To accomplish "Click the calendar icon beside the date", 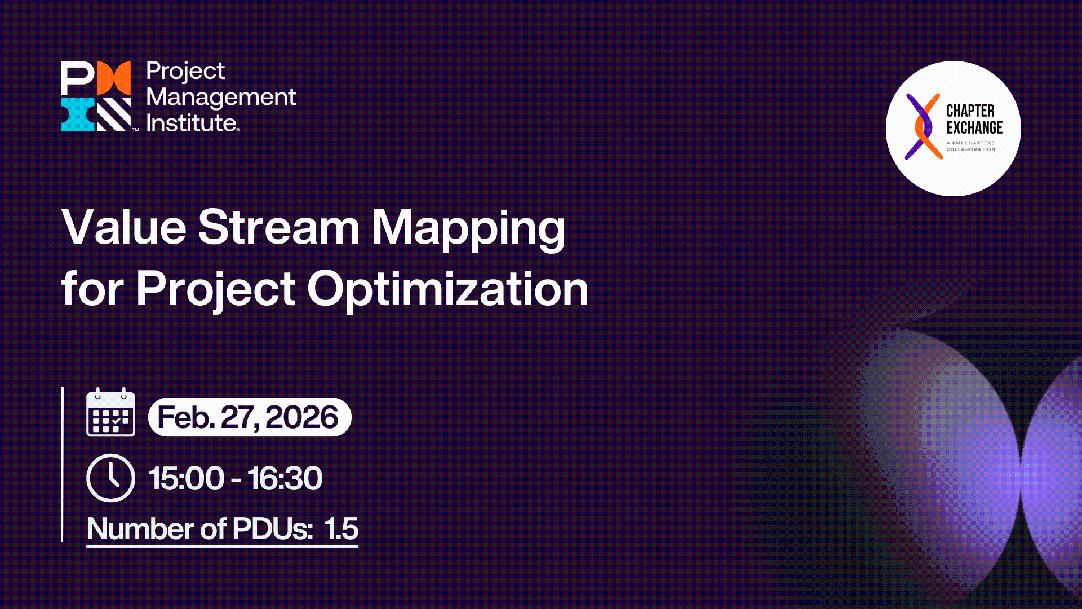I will click(x=110, y=413).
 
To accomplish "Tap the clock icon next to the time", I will click(x=110, y=478).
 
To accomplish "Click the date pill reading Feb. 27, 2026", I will click(x=249, y=417).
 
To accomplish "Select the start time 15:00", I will click(x=186, y=479).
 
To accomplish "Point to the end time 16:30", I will click(x=285, y=479).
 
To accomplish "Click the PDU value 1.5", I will click(x=341, y=529).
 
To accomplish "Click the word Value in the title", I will click(x=123, y=227).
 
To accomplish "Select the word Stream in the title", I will click(x=278, y=227).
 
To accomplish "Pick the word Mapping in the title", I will click(x=468, y=228).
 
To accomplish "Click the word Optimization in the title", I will click(x=447, y=289).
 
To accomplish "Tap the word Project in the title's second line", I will click(x=215, y=289).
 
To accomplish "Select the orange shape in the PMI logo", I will click(x=114, y=78).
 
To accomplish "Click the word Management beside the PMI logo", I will click(x=221, y=98).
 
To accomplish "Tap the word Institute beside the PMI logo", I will click(x=192, y=123).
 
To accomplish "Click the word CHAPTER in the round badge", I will click(x=970, y=111).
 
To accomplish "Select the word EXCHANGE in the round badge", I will click(x=974, y=127).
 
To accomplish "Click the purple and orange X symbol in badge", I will click(x=923, y=126).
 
